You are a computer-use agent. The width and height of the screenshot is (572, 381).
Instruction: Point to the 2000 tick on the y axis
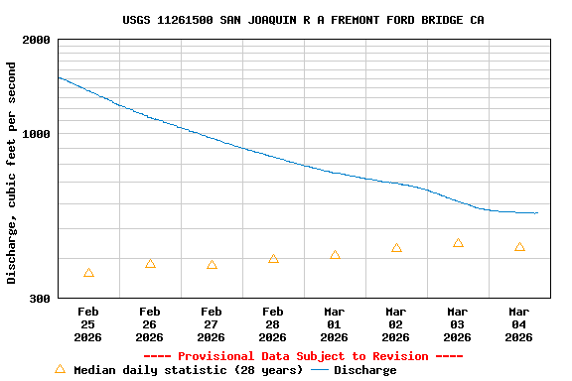tap(37, 41)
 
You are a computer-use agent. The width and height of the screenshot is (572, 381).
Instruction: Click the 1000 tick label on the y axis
tap(37, 134)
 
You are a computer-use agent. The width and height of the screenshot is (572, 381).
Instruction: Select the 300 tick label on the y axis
tap(40, 298)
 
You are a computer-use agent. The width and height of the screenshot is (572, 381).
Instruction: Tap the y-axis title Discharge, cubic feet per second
tap(12, 173)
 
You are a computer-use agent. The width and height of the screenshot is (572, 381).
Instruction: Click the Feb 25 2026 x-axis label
tap(88, 324)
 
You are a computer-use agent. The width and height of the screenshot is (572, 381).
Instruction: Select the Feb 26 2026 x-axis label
tap(150, 324)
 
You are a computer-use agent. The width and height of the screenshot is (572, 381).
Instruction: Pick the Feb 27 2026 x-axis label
tap(212, 324)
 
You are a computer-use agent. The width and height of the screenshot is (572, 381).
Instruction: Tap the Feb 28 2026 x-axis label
tap(273, 324)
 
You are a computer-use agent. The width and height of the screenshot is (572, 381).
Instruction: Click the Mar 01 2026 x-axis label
tap(335, 324)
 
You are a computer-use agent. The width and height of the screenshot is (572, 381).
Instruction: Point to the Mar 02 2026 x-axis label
tap(396, 324)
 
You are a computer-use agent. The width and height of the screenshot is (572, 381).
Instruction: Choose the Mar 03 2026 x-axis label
tap(458, 324)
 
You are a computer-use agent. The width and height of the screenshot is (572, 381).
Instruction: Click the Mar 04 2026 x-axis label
tap(519, 324)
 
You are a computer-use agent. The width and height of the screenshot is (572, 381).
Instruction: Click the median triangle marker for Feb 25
tap(88, 273)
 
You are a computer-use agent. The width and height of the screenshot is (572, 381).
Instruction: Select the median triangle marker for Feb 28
tap(273, 259)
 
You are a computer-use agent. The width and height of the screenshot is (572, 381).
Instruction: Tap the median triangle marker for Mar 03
tap(458, 243)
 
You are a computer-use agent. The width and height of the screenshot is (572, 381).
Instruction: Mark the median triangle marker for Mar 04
tap(519, 247)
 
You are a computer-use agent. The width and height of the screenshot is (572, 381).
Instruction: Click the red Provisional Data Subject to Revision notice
tap(303, 356)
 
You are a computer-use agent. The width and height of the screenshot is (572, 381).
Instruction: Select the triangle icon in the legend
tap(60, 369)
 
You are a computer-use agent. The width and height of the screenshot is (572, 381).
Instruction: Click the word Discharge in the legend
tap(364, 370)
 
